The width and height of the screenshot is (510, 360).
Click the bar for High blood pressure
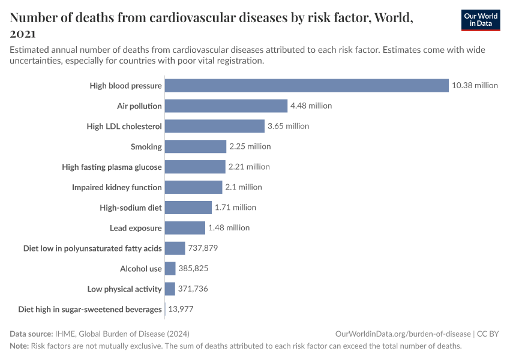click(x=307, y=85)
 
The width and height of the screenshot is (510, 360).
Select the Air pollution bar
click(x=226, y=106)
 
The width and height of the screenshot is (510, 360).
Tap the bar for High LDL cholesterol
click(x=214, y=126)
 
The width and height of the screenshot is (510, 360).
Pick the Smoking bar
click(x=196, y=146)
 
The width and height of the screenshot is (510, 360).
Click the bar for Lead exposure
click(x=185, y=228)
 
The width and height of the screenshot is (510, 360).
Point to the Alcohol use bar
click(x=170, y=269)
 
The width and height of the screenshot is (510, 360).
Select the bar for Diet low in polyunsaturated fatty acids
click(x=175, y=248)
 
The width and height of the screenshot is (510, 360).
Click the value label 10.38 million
click(x=475, y=85)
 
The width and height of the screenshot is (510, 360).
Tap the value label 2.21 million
click(x=249, y=167)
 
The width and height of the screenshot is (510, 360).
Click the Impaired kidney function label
click(x=117, y=187)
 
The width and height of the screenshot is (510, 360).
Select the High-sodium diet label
click(x=131, y=208)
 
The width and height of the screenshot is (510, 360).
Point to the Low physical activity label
click(x=125, y=289)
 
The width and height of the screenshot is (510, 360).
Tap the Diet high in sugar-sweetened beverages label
click(x=90, y=310)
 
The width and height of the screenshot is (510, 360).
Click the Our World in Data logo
click(x=480, y=20)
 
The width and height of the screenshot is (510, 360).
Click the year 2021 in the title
click(x=23, y=34)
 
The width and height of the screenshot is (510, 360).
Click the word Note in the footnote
click(x=20, y=346)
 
